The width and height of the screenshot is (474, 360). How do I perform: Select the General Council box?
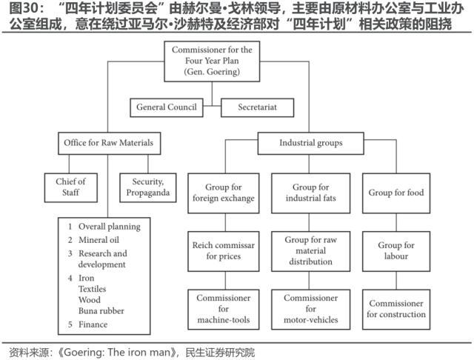pos(167,107)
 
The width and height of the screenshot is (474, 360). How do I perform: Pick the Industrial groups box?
pos(311,142)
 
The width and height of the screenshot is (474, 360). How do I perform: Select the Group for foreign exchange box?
pos(223,193)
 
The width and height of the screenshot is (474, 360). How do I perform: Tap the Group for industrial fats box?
pos(310,193)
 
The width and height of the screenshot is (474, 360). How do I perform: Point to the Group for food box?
pos(396,193)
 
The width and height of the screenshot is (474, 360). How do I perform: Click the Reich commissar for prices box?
pos(223,250)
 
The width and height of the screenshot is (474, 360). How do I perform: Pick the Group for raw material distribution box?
pos(310,250)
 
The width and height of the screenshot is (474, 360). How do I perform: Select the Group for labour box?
pos(396,250)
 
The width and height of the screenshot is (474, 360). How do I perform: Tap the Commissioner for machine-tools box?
pos(223,308)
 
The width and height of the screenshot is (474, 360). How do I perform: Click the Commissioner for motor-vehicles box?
pos(310,308)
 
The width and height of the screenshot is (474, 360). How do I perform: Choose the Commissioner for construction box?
pos(396,308)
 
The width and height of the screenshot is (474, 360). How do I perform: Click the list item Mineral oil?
pos(98,240)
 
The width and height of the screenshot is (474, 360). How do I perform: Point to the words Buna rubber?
pos(101,311)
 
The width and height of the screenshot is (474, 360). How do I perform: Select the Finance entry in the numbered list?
pos(93,324)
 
